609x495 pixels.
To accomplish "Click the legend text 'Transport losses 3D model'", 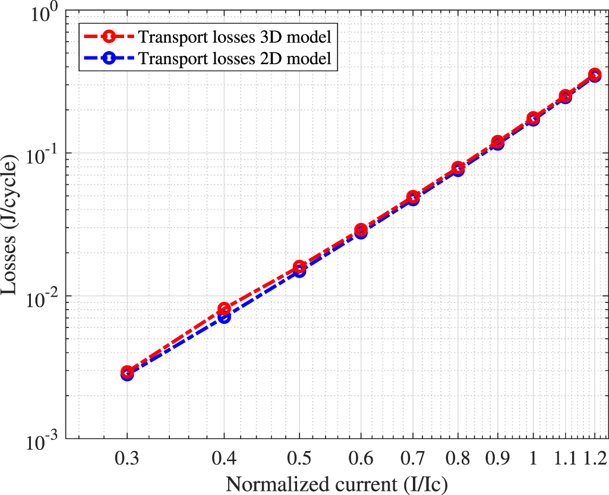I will tap(234, 37).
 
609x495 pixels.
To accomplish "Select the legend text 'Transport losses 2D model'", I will tap(234, 59).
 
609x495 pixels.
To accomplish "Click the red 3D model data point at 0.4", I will tap(224, 308).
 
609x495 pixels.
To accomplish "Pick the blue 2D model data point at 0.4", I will tap(224, 317).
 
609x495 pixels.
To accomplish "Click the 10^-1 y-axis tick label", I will tap(43, 156).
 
